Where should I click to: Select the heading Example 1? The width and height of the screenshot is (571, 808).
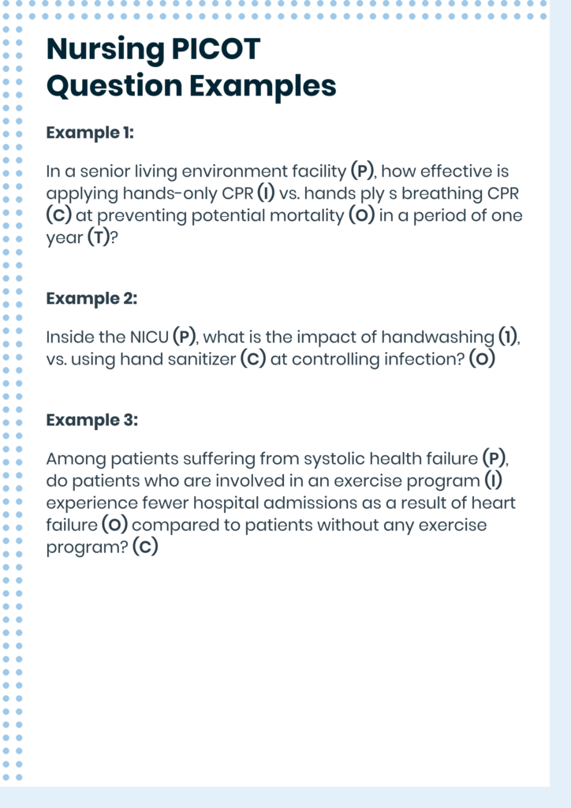pos(90,133)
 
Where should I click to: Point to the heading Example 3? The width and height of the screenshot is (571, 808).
pos(91,420)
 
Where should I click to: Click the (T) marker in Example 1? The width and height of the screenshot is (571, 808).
pos(95,238)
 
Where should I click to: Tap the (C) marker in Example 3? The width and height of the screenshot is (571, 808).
pos(145,547)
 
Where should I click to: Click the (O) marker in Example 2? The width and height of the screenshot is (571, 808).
pos(482,359)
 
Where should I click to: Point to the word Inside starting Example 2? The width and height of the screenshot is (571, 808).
pos(69,337)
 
